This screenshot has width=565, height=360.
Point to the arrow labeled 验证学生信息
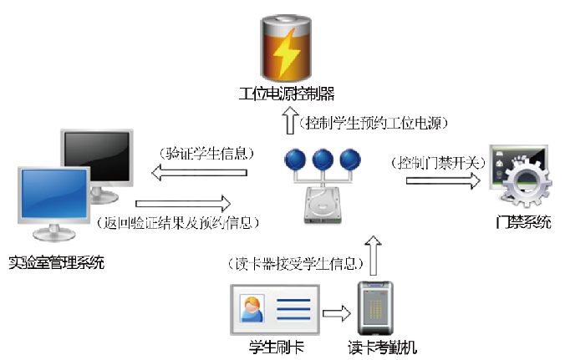(x=200, y=173)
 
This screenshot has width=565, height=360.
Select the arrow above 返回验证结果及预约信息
(x=182, y=203)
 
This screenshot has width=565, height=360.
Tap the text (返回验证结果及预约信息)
(x=181, y=223)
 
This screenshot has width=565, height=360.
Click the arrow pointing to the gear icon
(x=436, y=178)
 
